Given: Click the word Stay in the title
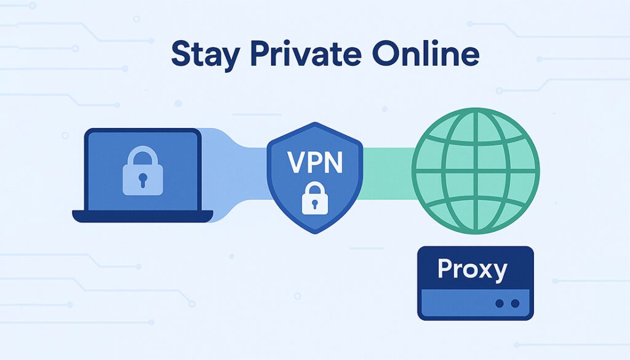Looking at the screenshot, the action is pos(205,54).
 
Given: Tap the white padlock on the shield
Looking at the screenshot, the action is pos(315,198).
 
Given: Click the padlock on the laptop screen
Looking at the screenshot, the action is pos(143,170).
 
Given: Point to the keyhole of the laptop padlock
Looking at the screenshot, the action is pos(143,180).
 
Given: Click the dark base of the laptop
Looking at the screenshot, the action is pos(143,216).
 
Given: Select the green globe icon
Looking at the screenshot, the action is pos(476,170).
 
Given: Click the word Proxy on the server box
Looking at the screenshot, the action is pos(472,270).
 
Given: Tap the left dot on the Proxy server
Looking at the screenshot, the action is pos(500,303).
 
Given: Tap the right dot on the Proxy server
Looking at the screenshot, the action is pos(515,303).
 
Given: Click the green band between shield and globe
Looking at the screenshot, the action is pos(388,174).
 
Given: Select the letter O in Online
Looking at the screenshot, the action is pos(386,53).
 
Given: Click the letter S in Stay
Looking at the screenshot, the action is pos(180,53).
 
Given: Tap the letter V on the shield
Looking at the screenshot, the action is pos(296,162).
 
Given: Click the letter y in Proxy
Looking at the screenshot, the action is pos(499,273).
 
